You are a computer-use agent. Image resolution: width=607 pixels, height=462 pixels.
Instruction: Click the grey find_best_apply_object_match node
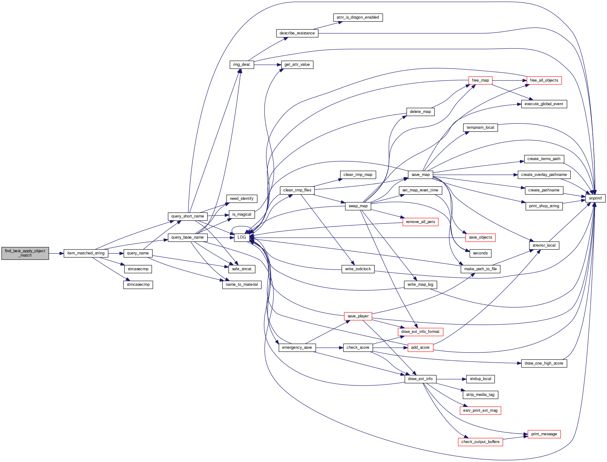25,253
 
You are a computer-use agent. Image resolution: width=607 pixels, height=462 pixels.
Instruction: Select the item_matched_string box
86,253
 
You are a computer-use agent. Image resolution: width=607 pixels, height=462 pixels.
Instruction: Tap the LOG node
242,237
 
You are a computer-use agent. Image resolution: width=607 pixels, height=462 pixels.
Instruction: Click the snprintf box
595,198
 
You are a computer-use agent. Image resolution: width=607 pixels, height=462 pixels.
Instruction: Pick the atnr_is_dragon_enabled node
358,17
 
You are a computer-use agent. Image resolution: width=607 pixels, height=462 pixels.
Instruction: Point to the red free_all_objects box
544,80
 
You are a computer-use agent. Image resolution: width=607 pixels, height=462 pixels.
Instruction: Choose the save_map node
420,175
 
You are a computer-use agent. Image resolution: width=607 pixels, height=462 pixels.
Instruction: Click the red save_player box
358,316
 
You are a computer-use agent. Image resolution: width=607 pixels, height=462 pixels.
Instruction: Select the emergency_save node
297,348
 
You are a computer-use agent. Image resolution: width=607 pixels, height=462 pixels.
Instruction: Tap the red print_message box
544,434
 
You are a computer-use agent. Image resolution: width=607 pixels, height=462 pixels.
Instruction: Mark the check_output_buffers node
480,442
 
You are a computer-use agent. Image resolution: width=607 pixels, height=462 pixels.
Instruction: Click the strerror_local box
544,245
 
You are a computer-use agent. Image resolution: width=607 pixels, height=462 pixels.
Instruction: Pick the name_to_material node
242,285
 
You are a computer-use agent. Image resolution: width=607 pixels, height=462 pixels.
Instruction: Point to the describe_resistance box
297,33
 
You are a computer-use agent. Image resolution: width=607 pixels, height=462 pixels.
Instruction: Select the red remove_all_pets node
420,222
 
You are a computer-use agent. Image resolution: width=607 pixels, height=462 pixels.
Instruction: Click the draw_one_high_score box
544,363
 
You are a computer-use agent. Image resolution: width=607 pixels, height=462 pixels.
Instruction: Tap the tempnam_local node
480,128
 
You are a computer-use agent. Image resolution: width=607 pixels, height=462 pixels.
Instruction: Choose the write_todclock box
358,269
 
